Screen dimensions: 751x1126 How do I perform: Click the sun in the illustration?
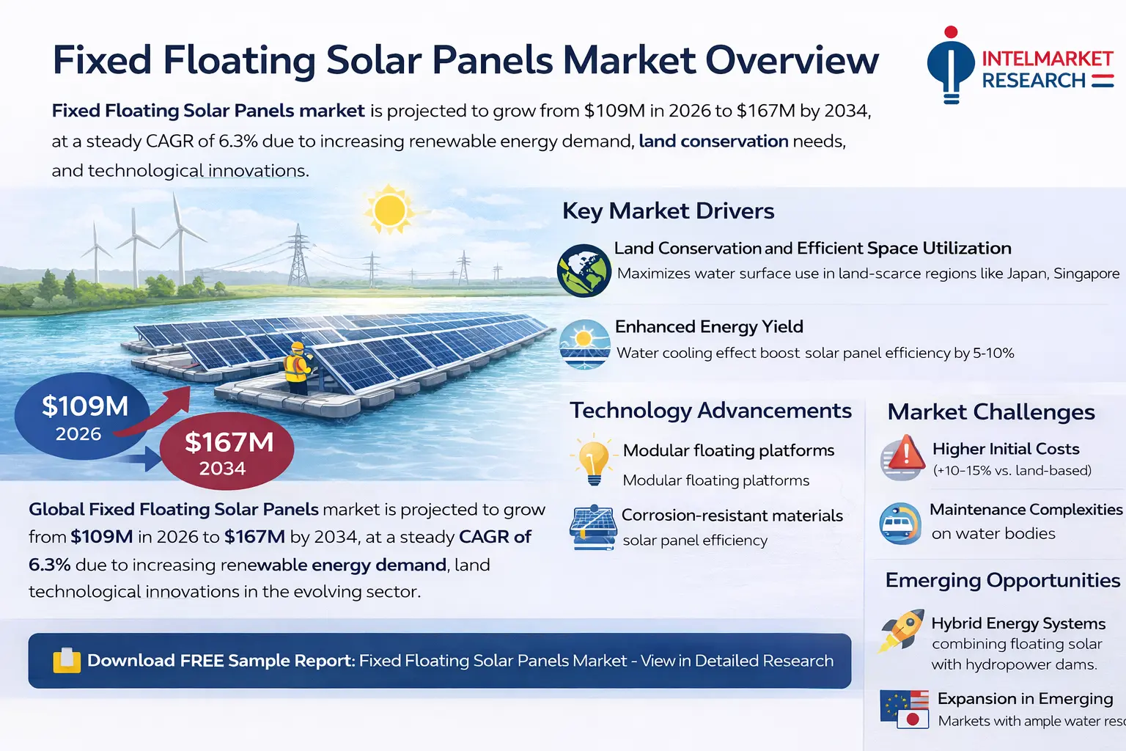(389, 210)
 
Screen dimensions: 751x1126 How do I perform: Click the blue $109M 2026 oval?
(82, 417)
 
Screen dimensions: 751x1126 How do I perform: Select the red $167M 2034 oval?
(227, 453)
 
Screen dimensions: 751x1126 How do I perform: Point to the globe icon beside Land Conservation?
(584, 271)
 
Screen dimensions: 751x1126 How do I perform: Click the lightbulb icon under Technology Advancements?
(594, 460)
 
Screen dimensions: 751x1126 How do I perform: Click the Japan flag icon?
(913, 719)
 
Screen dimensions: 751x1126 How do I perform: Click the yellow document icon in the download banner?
(67, 660)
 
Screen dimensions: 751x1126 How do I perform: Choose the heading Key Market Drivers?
(668, 211)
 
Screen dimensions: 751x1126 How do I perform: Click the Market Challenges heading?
(991, 412)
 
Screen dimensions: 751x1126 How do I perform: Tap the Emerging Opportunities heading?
(1002, 580)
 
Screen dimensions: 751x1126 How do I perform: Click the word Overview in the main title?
(792, 60)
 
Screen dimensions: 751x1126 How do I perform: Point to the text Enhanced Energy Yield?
(709, 326)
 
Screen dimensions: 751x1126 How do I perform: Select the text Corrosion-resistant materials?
(732, 516)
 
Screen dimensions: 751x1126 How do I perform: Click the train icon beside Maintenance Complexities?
(899, 524)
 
